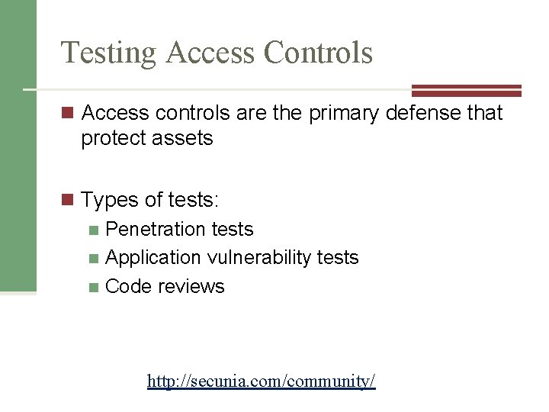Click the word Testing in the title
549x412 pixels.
(x=109, y=53)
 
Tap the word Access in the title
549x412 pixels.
(x=210, y=53)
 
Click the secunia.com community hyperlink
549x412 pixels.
(x=262, y=381)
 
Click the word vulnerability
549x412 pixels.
(x=258, y=258)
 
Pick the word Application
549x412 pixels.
(x=153, y=258)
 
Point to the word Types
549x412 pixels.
(x=108, y=200)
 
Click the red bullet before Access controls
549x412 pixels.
(x=68, y=114)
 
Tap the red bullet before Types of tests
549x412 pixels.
(x=68, y=201)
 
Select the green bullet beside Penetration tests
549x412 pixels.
(x=93, y=230)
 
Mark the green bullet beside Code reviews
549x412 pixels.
(x=93, y=287)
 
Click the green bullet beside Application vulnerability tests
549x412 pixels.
(x=93, y=259)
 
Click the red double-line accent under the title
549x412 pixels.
(x=466, y=90)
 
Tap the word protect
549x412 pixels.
(x=112, y=139)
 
